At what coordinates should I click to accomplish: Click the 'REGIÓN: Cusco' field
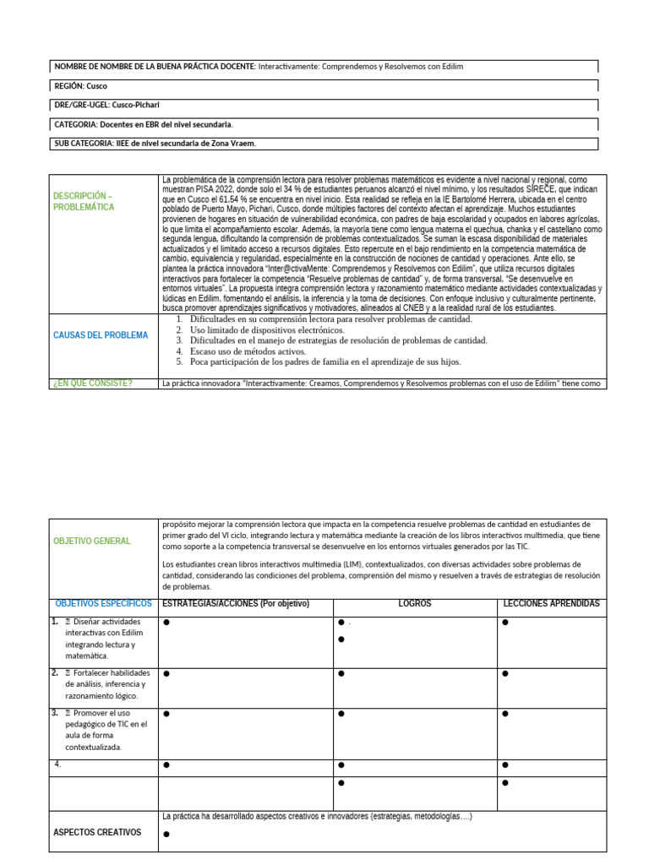tap(81, 85)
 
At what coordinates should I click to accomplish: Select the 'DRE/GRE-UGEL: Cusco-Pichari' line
tap(106, 105)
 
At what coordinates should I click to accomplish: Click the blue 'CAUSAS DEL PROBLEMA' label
tap(101, 335)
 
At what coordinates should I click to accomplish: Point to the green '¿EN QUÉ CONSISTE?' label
tap(93, 384)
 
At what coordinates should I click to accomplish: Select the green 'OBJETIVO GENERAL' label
tap(92, 541)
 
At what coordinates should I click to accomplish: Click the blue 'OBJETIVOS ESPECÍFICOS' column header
tap(103, 603)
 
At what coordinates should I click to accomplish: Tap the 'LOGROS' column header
tap(415, 604)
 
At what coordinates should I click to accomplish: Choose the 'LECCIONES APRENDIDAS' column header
tap(551, 604)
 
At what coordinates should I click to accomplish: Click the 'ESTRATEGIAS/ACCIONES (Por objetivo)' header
tap(236, 604)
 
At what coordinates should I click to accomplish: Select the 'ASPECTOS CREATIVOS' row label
tap(97, 832)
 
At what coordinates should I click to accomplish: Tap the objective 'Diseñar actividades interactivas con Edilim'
tap(105, 639)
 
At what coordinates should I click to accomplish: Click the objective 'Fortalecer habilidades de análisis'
tap(105, 684)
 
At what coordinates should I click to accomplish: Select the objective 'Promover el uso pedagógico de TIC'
tap(105, 730)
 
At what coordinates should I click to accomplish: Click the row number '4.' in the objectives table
tap(57, 764)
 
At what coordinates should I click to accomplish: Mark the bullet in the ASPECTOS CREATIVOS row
tap(166, 834)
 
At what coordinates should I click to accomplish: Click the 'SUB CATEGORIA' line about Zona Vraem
tap(155, 144)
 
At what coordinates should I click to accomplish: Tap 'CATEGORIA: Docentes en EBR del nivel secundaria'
tap(144, 124)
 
